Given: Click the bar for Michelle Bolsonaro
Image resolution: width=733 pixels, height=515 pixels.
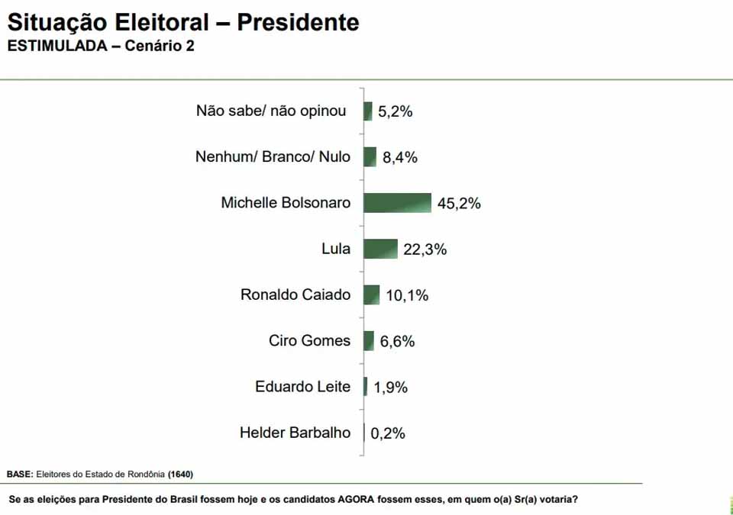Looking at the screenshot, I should point(397,203).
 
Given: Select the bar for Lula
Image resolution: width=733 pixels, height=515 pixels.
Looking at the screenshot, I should point(380,249).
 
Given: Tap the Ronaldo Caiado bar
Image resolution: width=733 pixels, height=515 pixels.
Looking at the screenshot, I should point(372,295).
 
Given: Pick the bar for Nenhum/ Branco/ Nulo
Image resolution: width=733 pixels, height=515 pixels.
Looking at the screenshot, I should point(370,157).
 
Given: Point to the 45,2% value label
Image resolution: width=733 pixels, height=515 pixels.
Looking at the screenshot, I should point(459,204).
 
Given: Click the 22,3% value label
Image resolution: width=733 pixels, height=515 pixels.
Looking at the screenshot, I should point(425,249).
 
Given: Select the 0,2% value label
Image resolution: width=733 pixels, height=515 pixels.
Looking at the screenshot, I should point(388,433).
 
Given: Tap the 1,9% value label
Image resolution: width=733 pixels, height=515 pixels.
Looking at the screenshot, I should point(391,388).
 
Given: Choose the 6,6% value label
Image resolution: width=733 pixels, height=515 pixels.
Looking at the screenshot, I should point(397,342).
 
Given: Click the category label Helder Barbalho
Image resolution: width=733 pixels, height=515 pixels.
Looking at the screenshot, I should point(295,433).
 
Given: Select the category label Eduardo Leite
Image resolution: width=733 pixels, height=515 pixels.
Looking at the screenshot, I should point(302,387).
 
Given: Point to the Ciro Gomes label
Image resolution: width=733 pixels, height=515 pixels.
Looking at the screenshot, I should point(309,341).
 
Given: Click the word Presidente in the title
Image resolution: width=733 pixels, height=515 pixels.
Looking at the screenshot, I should point(298,22).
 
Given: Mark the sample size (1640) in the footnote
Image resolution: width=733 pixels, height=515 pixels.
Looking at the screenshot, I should point(181,475).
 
